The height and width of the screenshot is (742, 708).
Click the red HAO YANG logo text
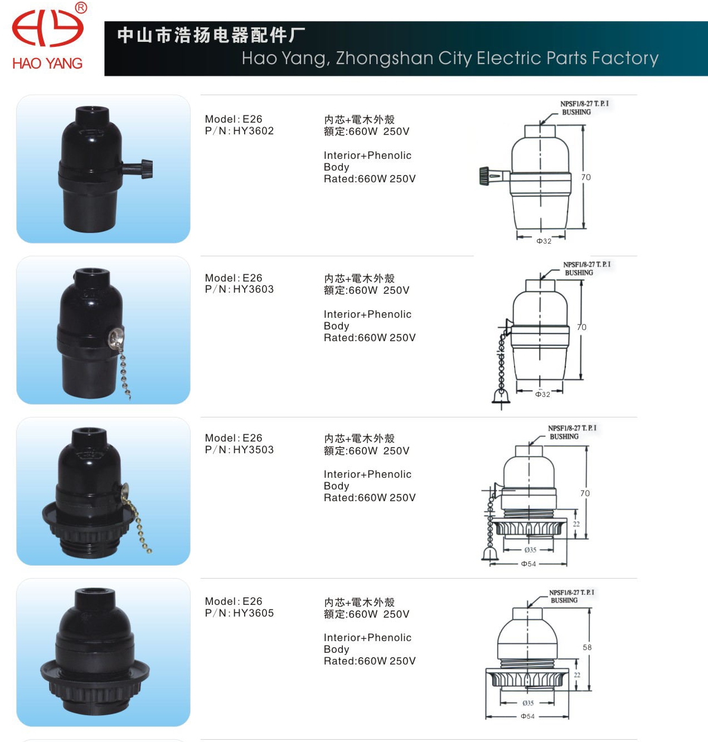(x=47, y=63)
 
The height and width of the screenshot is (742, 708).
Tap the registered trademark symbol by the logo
(x=81, y=8)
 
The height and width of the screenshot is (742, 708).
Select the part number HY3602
(x=253, y=131)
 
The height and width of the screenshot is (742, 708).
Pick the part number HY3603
(x=253, y=289)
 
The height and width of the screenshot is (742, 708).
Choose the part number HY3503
(x=253, y=450)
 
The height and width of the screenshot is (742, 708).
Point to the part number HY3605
(x=253, y=613)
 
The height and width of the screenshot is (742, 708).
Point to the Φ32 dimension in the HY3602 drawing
(x=544, y=241)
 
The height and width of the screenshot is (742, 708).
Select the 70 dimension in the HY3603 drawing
(x=581, y=327)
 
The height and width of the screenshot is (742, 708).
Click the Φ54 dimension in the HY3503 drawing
(x=528, y=564)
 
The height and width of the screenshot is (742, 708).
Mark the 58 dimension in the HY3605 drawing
(x=587, y=648)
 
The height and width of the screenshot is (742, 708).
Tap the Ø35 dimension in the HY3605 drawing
(x=528, y=703)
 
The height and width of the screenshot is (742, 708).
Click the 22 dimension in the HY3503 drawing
(x=576, y=524)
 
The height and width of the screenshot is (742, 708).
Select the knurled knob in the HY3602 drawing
(x=484, y=176)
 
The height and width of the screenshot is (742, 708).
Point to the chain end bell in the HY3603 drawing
(x=501, y=396)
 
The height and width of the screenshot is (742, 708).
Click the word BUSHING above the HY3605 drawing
(x=564, y=600)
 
